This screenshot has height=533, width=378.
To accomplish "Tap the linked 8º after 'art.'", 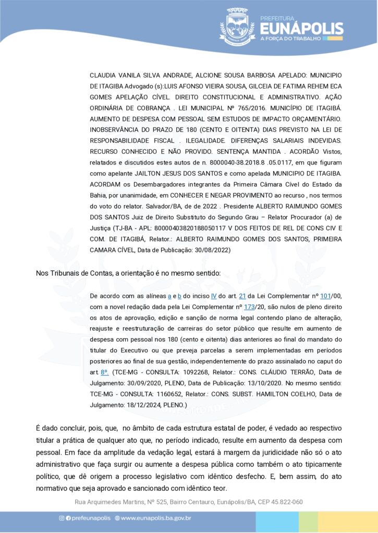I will [105, 373].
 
